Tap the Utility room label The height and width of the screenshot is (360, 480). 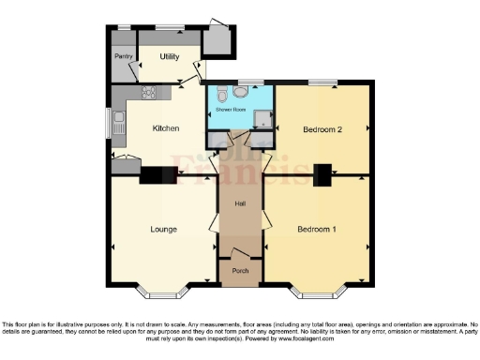coord(170,57)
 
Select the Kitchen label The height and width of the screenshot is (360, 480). coord(166,128)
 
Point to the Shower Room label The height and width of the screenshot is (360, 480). coord(231,110)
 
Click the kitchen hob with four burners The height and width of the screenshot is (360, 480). coord(147,92)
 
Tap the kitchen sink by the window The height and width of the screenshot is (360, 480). coord(118,122)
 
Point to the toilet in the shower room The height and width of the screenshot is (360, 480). coord(221,95)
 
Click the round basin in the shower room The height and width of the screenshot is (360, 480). coord(242,93)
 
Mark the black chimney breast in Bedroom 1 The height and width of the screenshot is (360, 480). coord(323,174)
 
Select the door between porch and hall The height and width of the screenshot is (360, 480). coord(240,253)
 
